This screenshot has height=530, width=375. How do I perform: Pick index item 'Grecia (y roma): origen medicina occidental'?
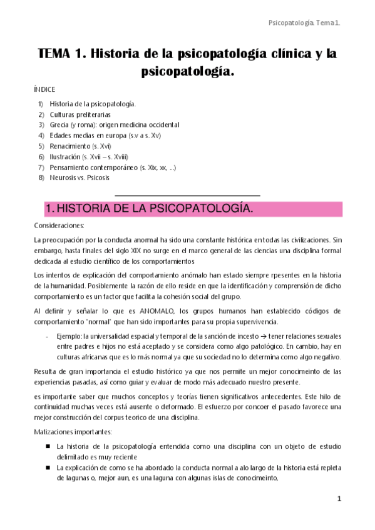click(114, 125)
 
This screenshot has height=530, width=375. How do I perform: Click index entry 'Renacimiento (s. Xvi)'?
click(80, 146)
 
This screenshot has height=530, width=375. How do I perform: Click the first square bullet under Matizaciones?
click(48, 447)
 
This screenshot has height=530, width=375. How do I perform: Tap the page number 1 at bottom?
click(339, 499)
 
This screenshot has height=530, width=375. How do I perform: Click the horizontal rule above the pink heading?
click(187, 196)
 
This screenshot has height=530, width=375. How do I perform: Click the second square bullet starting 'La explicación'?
click(48, 467)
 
